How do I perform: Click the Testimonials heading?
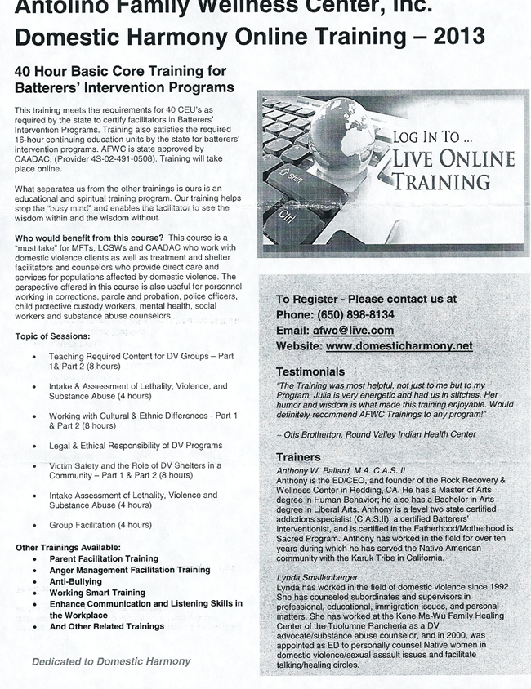pyautogui.click(x=310, y=371)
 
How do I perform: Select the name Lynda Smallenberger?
pyautogui.click(x=318, y=577)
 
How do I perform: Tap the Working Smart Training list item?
pyautogui.click(x=97, y=593)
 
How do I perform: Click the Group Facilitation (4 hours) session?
pyautogui.click(x=100, y=525)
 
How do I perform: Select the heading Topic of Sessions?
pyautogui.click(x=52, y=336)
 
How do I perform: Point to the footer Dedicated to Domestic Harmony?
pyautogui.click(x=111, y=661)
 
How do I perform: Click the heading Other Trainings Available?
pyautogui.click(x=68, y=547)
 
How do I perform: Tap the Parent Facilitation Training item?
pyautogui.click(x=104, y=558)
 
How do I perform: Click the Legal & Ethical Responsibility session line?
pyautogui.click(x=136, y=446)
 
